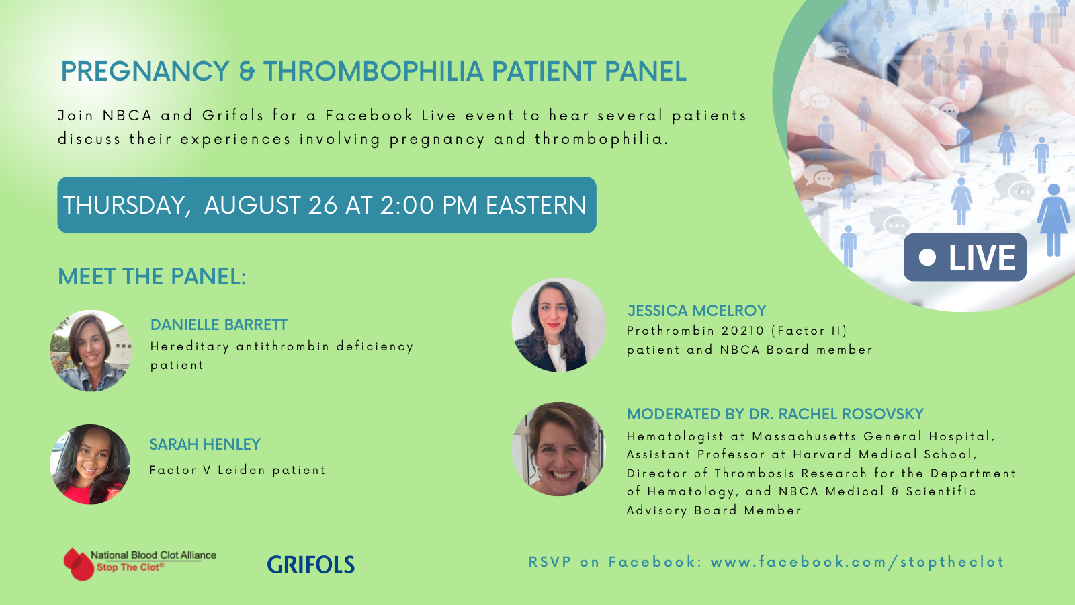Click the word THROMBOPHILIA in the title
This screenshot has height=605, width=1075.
click(x=373, y=71)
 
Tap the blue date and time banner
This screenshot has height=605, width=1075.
click(x=327, y=205)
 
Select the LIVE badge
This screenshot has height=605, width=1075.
click(x=965, y=257)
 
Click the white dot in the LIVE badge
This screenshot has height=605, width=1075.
click(x=927, y=257)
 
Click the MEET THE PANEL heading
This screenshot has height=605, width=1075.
click(x=152, y=276)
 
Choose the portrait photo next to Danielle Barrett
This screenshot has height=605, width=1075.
click(x=91, y=350)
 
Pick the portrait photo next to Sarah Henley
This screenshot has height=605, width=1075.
click(x=91, y=464)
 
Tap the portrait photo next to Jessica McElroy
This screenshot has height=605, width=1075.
click(x=558, y=325)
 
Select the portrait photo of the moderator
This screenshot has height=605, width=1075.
click(x=558, y=449)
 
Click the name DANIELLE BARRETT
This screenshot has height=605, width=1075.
click(x=219, y=325)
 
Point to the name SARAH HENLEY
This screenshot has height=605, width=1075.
click(x=205, y=444)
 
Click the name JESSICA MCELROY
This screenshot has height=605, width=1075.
click(x=697, y=311)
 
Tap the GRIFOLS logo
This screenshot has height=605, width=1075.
click(x=311, y=564)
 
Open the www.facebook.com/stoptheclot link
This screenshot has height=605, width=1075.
click(x=857, y=562)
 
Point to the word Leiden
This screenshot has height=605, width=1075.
click(x=241, y=470)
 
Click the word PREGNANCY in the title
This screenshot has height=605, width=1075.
click(x=145, y=71)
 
